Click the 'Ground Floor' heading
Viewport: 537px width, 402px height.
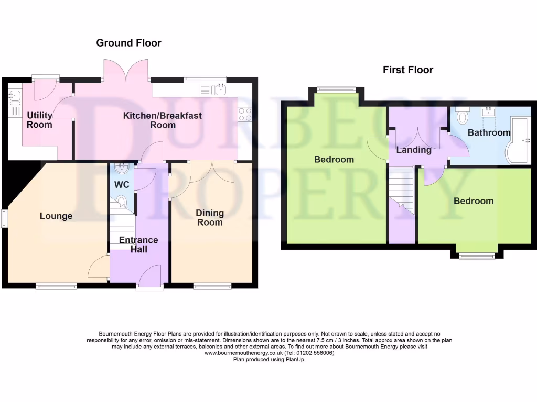click(128, 43)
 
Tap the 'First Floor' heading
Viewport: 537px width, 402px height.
click(408, 70)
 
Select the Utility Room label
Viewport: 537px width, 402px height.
click(40, 120)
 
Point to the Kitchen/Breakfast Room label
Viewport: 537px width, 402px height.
click(163, 120)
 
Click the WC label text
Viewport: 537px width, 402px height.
click(122, 185)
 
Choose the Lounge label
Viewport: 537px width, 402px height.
click(56, 216)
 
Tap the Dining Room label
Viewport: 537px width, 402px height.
click(210, 217)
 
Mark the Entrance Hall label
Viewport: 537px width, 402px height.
click(138, 244)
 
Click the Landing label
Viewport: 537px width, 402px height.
click(414, 150)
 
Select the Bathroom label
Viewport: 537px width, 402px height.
click(489, 132)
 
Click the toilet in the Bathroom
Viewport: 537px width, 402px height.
click(462, 116)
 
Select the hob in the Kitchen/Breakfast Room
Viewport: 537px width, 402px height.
click(245, 115)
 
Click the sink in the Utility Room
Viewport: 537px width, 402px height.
click(15, 95)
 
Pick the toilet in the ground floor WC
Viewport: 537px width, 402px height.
click(122, 201)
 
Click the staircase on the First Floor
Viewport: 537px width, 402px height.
click(401, 188)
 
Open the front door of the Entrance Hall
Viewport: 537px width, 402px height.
click(150, 276)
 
